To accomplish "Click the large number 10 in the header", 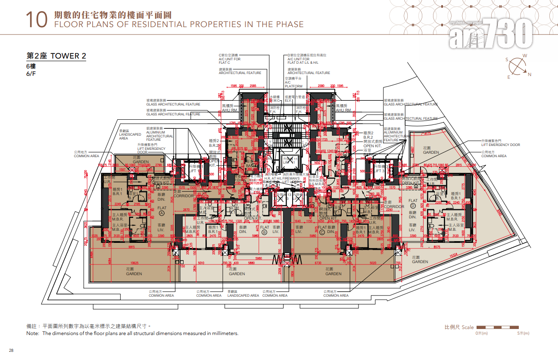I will (36, 20).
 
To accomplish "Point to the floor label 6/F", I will (31, 74).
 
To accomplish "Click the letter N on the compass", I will (530, 74).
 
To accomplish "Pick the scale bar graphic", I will (502, 327).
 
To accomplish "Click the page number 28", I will (11, 350).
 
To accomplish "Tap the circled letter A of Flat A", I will (162, 213).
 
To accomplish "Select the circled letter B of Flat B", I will (265, 233).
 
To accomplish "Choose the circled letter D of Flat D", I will (413, 206).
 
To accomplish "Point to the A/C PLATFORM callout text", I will (297, 82).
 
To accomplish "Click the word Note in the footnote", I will (33, 333).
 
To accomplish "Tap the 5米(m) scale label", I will (523, 333).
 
